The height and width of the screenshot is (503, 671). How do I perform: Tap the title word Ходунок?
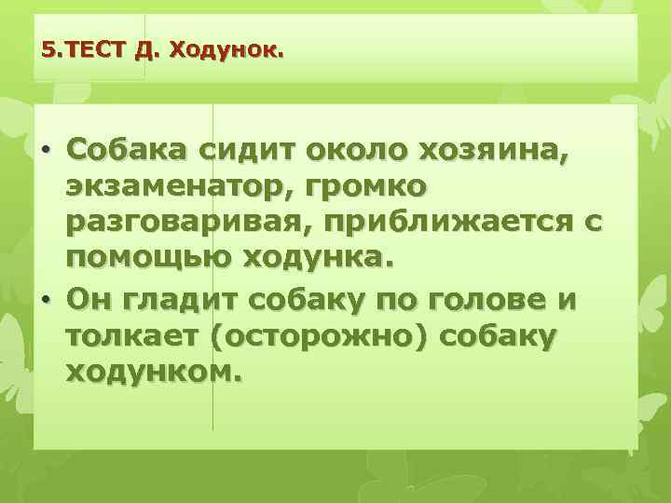pos(223,49)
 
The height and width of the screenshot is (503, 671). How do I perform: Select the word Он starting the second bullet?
pos(89,301)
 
